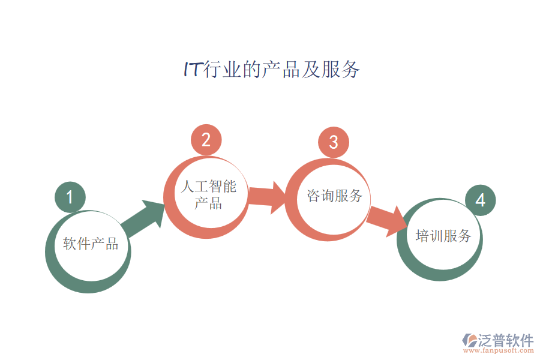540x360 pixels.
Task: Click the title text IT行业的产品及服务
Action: click(x=271, y=70)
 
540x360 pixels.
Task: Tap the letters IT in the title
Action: click(x=192, y=70)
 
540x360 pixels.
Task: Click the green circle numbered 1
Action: click(x=70, y=197)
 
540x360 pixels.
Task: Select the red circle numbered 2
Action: click(x=206, y=140)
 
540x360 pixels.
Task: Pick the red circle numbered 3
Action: click(x=334, y=142)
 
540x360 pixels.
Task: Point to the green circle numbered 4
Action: click(x=480, y=200)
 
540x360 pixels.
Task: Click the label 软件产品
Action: click(x=91, y=244)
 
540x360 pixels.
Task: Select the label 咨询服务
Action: click(x=335, y=196)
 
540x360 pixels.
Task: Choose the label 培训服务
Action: click(x=443, y=235)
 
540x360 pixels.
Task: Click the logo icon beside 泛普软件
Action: click(x=468, y=340)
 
